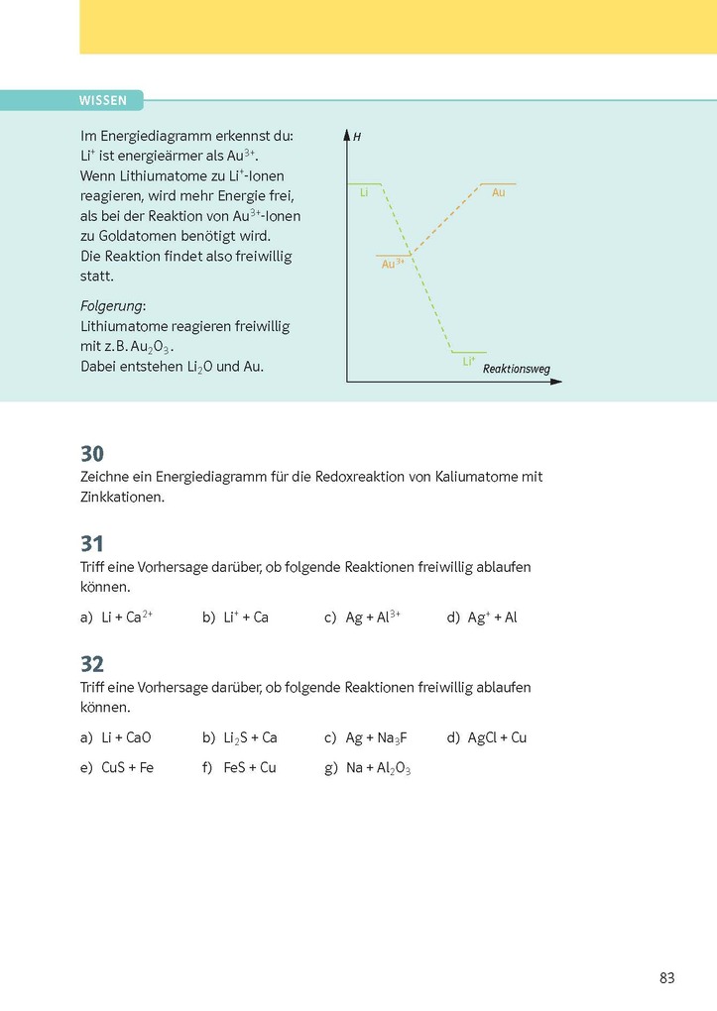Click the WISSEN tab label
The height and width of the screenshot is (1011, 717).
(x=102, y=100)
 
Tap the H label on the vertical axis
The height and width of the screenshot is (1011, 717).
(x=356, y=134)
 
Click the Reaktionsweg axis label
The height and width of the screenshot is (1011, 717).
(x=516, y=369)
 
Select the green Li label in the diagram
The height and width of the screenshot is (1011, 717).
(x=364, y=192)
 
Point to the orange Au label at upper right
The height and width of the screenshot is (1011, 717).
(x=498, y=192)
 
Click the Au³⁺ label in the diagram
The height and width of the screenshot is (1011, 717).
(x=392, y=264)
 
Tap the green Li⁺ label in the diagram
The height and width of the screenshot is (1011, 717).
(x=469, y=362)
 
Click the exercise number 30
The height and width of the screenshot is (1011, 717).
(x=92, y=454)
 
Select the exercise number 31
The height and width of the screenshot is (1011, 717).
(x=92, y=544)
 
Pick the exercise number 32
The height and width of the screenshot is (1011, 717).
(x=92, y=664)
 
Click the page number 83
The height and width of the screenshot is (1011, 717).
(x=666, y=978)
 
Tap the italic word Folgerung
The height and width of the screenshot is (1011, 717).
(x=112, y=306)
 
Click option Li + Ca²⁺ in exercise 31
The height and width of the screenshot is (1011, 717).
(x=126, y=617)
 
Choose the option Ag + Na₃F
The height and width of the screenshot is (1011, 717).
(x=376, y=738)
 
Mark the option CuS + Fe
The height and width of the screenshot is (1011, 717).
(x=127, y=767)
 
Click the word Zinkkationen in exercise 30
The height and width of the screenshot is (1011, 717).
(x=122, y=498)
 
